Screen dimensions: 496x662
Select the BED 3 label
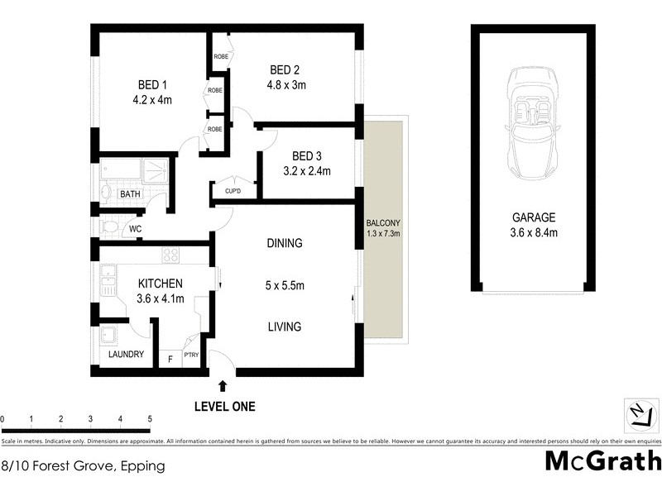point(307,156)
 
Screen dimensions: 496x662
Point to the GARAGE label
point(534,218)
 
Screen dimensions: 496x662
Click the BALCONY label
point(383,223)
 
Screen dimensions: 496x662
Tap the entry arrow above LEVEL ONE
point(223,385)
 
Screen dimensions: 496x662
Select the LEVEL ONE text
point(224,406)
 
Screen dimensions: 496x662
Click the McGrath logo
point(603,460)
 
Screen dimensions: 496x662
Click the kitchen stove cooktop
point(171,255)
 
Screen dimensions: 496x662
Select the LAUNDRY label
point(126,355)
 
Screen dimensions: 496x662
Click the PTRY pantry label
point(191,355)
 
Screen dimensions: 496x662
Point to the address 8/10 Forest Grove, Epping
point(83,466)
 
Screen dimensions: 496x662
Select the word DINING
point(284,244)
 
